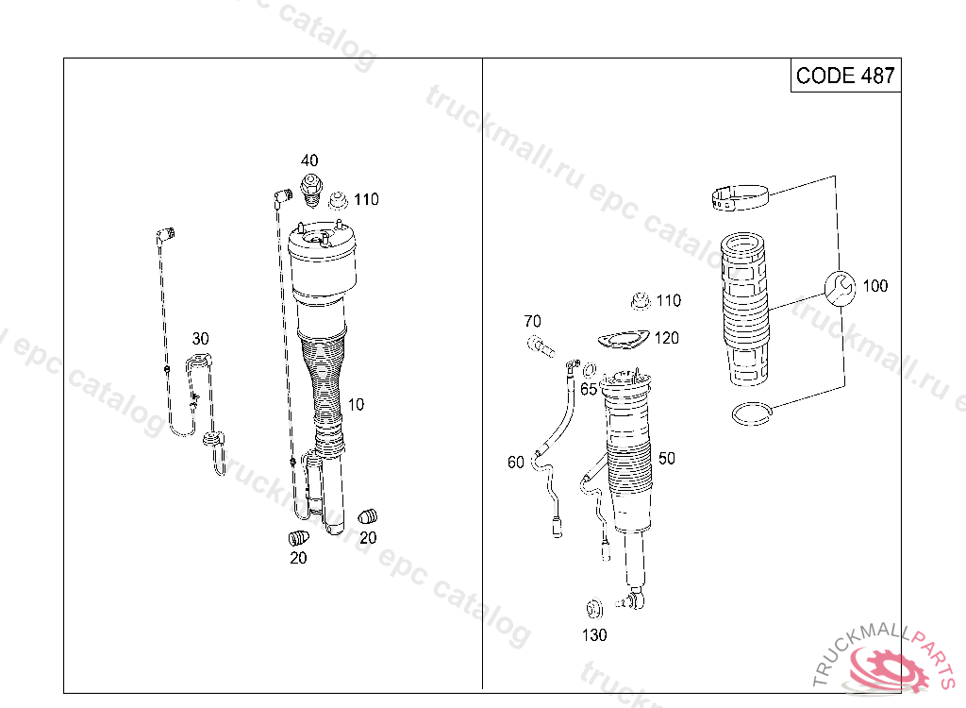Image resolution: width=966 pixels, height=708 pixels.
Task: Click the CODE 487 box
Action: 845,76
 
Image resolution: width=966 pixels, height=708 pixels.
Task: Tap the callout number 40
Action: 309,160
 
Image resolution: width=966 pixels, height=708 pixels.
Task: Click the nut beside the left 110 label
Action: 339,201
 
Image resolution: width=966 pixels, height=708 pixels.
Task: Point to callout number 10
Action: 356,405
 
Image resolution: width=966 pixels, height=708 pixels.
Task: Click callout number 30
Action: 200,339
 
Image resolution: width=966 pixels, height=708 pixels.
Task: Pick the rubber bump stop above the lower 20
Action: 299,538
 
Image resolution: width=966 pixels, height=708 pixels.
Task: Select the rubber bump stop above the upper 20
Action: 367,515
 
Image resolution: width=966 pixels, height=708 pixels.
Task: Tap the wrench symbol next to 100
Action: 840,287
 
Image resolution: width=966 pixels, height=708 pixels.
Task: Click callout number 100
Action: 874,286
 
